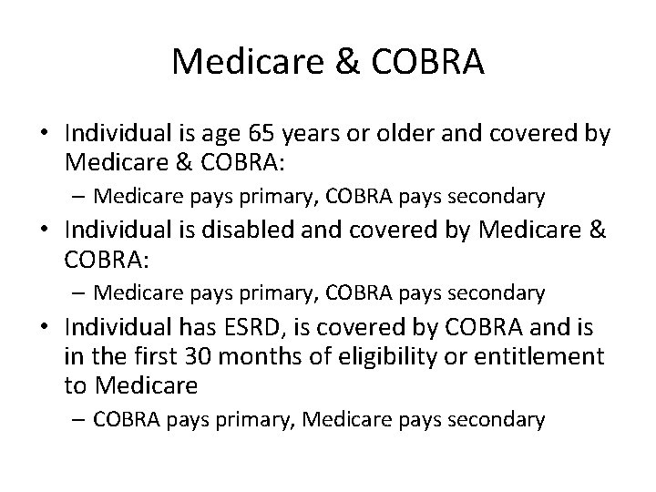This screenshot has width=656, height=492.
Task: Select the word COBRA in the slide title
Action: [430, 61]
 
